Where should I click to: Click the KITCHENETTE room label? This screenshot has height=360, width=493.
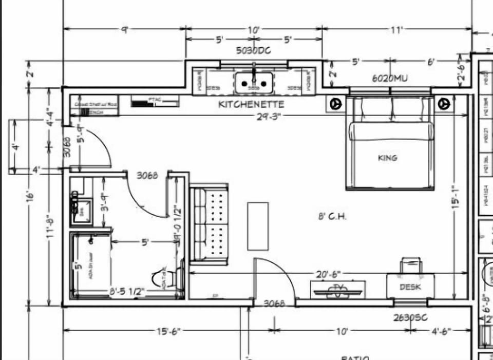(x=251, y=104)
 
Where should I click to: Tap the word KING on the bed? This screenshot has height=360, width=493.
(x=387, y=158)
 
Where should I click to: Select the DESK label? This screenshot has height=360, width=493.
(x=410, y=287)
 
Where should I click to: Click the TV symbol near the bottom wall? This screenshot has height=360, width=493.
(x=337, y=289)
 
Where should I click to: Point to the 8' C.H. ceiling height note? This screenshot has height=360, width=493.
(x=332, y=217)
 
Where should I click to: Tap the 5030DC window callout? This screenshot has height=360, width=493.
(x=253, y=50)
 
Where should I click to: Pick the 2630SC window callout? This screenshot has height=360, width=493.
(x=410, y=318)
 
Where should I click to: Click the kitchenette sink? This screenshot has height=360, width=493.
(x=254, y=82)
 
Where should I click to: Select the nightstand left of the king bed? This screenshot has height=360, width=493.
(x=335, y=103)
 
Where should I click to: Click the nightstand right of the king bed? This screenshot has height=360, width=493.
(x=442, y=103)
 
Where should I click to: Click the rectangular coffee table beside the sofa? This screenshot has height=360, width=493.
(x=258, y=226)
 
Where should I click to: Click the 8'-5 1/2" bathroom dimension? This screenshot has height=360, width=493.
(x=126, y=291)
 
